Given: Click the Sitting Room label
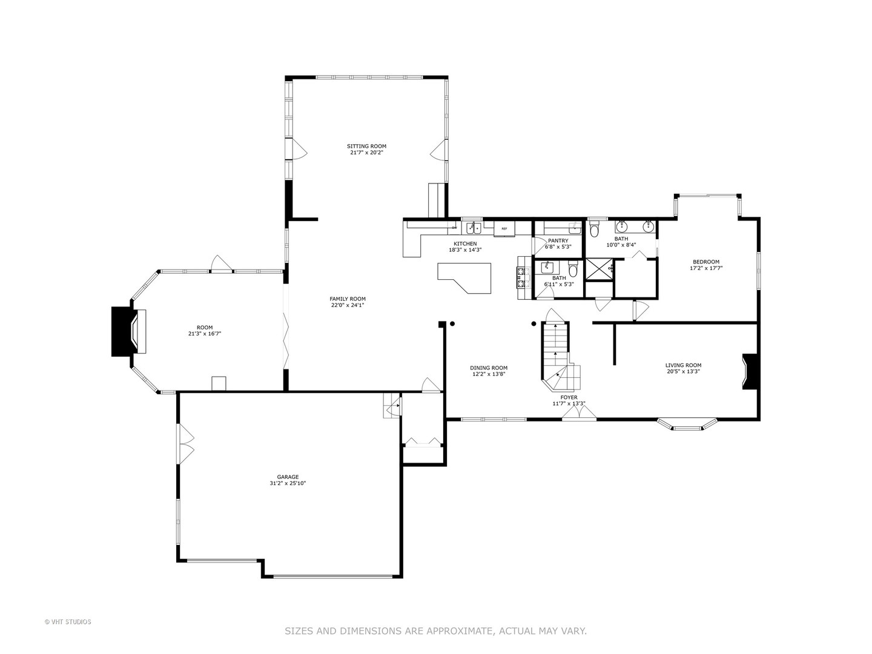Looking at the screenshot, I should (x=366, y=146).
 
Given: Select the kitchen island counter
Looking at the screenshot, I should (x=465, y=276).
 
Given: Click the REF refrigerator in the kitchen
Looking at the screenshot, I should (x=504, y=229).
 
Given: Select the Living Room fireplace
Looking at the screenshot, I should (x=749, y=372).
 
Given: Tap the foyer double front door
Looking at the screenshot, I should (x=578, y=413).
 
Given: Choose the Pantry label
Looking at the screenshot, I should (x=558, y=240).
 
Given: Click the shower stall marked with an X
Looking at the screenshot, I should (x=599, y=269).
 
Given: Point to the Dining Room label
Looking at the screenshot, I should (x=489, y=368).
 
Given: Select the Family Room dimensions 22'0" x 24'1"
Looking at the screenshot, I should (x=347, y=305).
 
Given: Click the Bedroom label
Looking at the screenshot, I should (x=706, y=262).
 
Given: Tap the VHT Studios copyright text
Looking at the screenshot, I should (x=68, y=621).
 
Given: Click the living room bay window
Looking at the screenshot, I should (x=687, y=425).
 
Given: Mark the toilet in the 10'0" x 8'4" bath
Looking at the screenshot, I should (x=594, y=231).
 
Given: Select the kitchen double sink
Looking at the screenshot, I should (x=473, y=228).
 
